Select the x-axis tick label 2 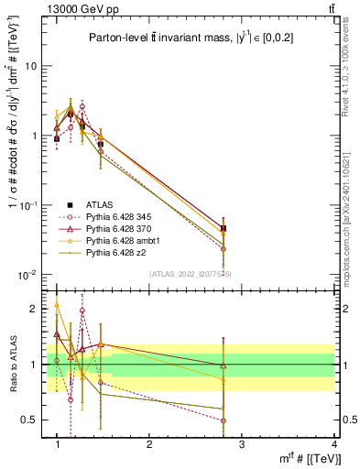149,444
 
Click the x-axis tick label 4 335,444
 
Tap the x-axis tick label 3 242,444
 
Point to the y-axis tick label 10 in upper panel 31,67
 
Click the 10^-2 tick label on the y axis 29,275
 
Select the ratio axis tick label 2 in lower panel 34,309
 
